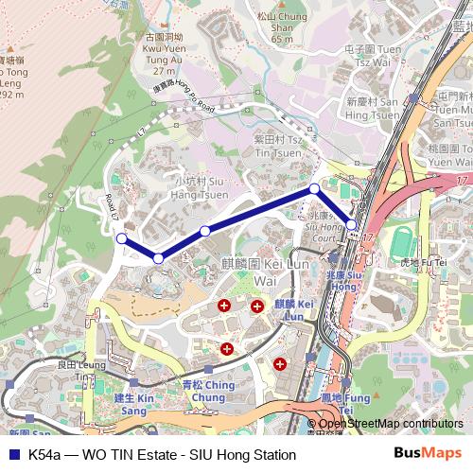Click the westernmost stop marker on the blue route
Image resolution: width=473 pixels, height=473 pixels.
(x=121, y=238)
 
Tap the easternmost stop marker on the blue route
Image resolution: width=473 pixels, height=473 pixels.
(x=351, y=225)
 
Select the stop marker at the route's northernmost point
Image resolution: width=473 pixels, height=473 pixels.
(x=314, y=189)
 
